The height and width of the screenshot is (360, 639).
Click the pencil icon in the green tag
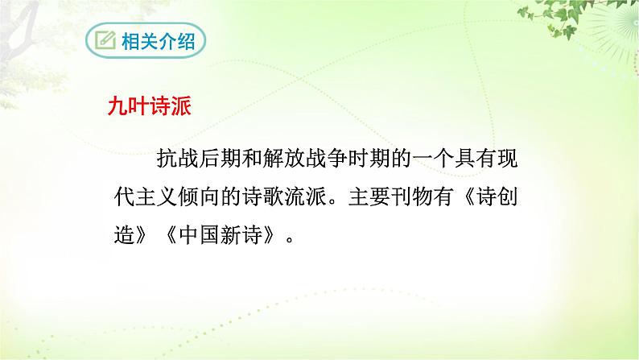coord(105,40)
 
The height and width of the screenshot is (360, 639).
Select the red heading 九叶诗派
coord(150,107)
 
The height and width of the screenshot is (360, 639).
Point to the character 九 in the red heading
coord(119,107)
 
